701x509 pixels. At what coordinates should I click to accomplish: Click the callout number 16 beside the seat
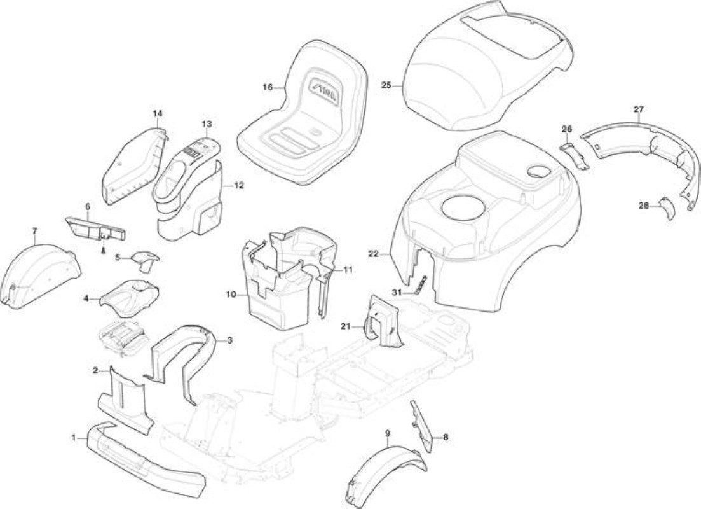(x=268, y=87)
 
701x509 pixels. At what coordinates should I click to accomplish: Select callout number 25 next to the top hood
(x=386, y=85)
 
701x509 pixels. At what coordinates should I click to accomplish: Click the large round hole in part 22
(x=463, y=209)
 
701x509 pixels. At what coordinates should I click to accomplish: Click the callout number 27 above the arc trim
(x=639, y=109)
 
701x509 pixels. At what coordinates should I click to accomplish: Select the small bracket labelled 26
(x=576, y=155)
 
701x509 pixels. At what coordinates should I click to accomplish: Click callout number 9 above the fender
(x=387, y=433)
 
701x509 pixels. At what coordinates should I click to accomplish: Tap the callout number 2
(x=95, y=370)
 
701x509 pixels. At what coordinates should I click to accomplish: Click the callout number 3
(x=230, y=340)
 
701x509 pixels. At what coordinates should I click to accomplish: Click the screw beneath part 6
(x=104, y=249)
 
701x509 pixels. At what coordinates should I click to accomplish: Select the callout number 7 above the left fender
(x=35, y=231)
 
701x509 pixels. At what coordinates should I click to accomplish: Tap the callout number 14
(x=158, y=114)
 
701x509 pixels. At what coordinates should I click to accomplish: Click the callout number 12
(x=239, y=185)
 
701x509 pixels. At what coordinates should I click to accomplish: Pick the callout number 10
(x=231, y=295)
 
